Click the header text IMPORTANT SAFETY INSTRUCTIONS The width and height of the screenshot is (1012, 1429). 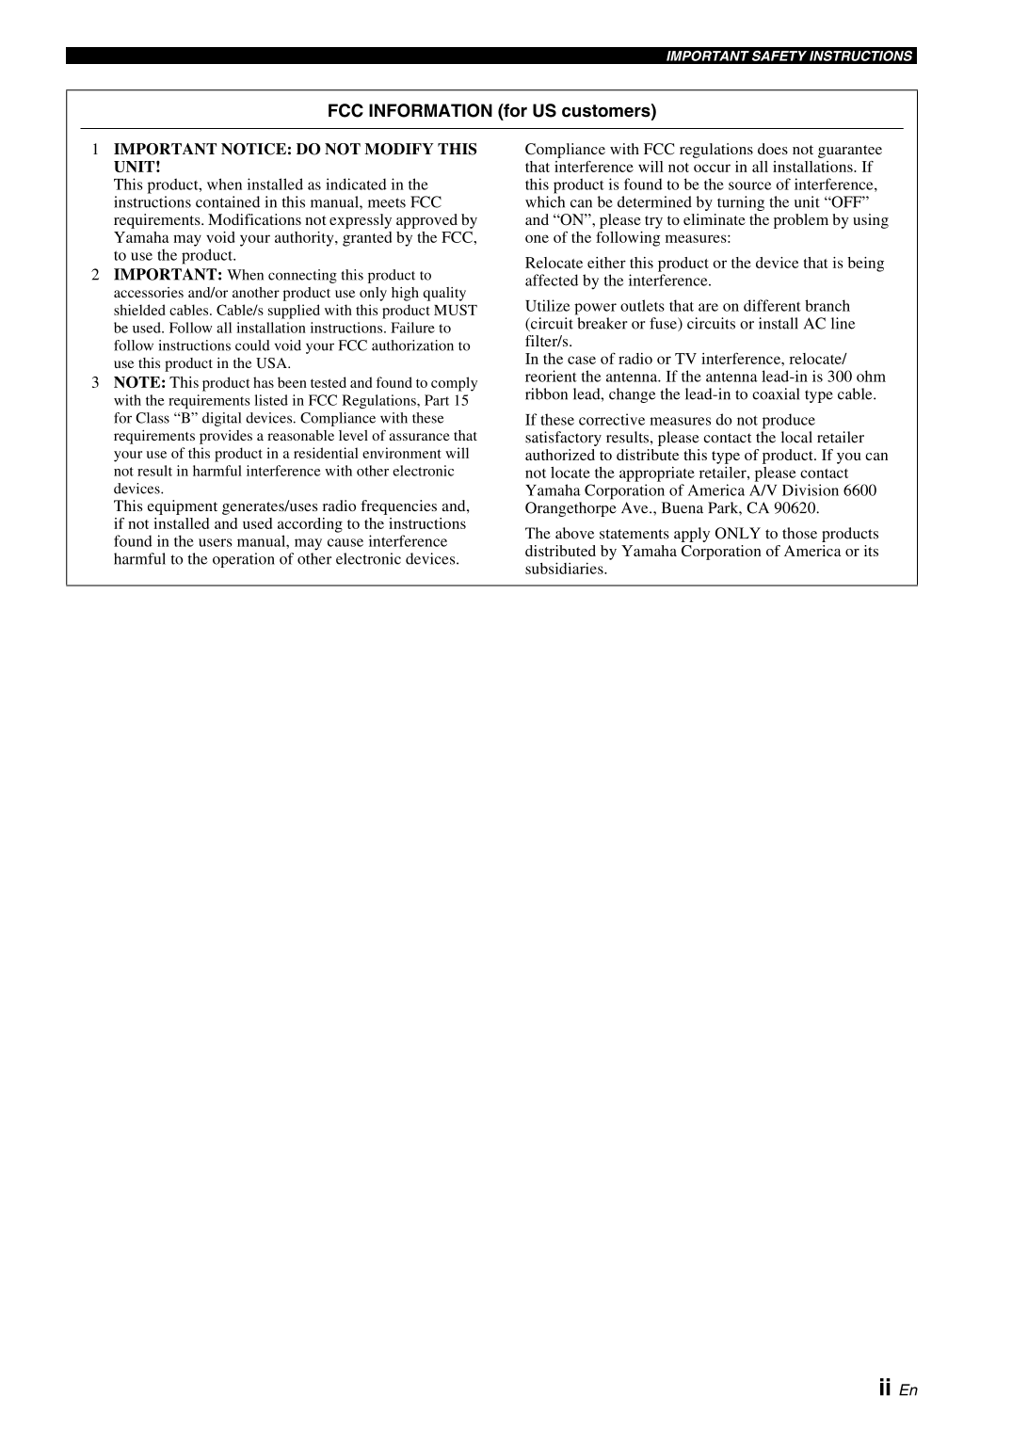[789, 56]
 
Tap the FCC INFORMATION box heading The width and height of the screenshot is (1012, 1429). [491, 111]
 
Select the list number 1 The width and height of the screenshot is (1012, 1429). [95, 150]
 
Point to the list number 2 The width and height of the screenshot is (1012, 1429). [95, 275]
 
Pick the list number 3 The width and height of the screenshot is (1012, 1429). [95, 383]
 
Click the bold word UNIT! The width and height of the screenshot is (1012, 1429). [137, 168]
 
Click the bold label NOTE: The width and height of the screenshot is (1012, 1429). [139, 383]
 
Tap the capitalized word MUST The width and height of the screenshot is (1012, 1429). [455, 311]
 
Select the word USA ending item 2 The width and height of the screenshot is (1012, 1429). [272, 363]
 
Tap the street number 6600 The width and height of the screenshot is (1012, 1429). [859, 490]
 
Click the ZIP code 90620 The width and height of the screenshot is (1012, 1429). [796, 508]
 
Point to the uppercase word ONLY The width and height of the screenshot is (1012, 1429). [737, 534]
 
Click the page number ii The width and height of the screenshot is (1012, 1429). [884, 1388]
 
